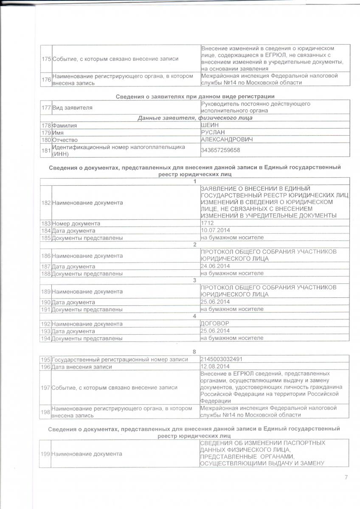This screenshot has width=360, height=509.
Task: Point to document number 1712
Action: pyautogui.click(x=207, y=223)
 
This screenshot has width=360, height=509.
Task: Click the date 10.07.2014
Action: pyautogui.click(x=215, y=230)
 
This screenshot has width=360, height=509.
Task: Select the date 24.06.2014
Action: pyautogui.click(x=215, y=266)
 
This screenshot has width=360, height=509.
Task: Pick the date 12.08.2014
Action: pyautogui.click(x=215, y=366)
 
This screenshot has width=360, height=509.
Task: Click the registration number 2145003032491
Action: pyautogui.click(x=222, y=359)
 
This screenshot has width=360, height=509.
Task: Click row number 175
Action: pyautogui.click(x=46, y=59)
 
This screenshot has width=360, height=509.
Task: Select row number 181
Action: pyautogui.click(x=46, y=150)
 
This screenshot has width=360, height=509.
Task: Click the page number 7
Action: pyautogui.click(x=346, y=478)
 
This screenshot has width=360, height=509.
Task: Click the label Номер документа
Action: pyautogui.click(x=76, y=223)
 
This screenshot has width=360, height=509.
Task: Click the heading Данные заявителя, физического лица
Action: pyautogui.click(x=195, y=117)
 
